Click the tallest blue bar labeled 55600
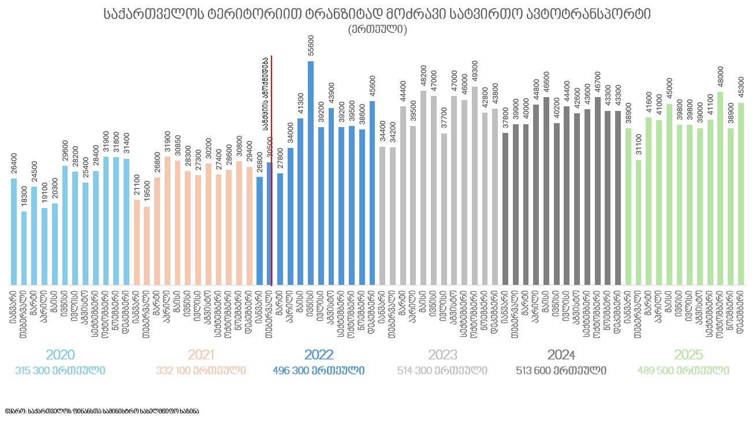[x=311, y=173]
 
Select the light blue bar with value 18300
[x=24, y=248]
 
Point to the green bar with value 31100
[x=638, y=222]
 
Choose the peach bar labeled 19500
[x=147, y=246]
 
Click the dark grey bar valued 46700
[x=597, y=191]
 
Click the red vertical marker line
[x=271, y=173]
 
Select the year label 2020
[x=60, y=355]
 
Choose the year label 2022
[x=319, y=355]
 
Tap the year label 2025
[x=688, y=355]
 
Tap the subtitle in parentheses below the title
[x=377, y=29]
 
